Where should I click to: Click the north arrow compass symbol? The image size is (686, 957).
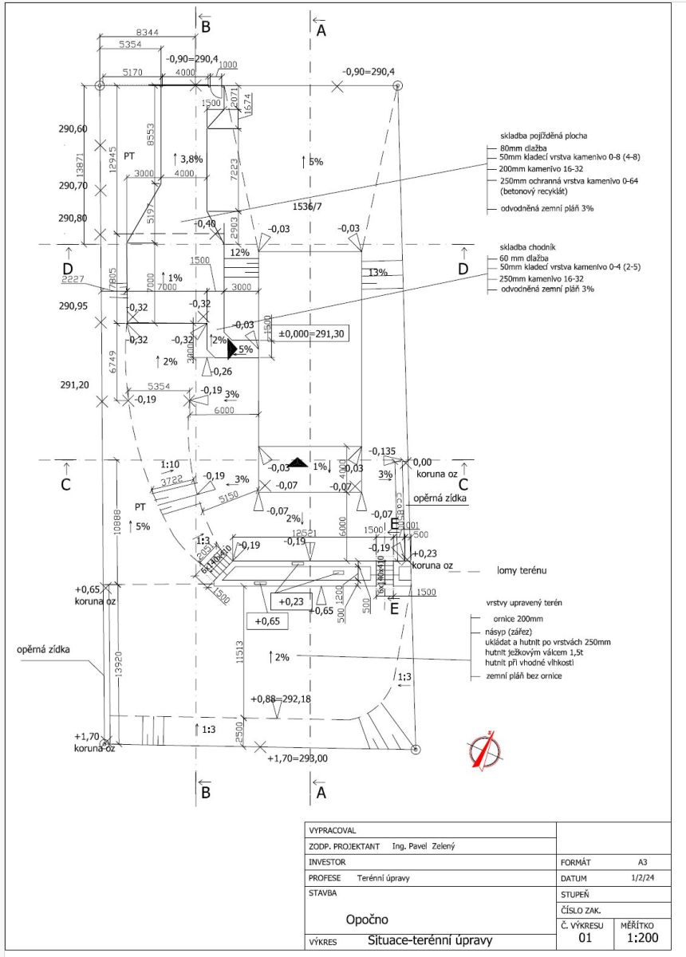(x=484, y=751)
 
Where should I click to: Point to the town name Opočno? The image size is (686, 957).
(x=368, y=920)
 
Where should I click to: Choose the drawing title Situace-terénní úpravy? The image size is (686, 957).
(x=431, y=941)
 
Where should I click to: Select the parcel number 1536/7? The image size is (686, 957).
(x=308, y=207)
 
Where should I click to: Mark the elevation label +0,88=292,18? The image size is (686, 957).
(x=286, y=699)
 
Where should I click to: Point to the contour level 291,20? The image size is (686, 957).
(x=73, y=384)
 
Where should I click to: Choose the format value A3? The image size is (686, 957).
(x=642, y=862)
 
